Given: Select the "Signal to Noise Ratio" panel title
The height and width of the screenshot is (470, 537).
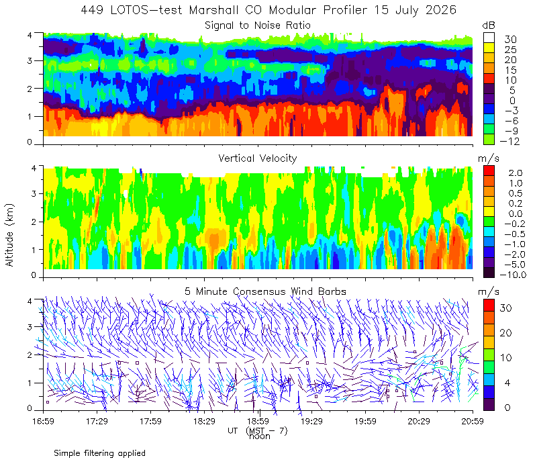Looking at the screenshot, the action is (x=258, y=26).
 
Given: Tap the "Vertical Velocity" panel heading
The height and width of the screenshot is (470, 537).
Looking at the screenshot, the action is (x=258, y=158).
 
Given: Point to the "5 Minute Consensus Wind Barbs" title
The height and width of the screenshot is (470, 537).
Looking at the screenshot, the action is (x=265, y=291).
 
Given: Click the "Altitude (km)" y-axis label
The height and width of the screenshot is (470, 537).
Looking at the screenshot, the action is (x=9, y=235).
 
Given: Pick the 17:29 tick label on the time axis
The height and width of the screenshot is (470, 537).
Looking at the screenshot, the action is (x=97, y=421).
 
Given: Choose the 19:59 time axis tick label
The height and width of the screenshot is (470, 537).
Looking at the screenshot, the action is (x=365, y=421).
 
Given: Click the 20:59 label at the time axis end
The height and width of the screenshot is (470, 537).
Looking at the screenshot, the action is (x=473, y=421).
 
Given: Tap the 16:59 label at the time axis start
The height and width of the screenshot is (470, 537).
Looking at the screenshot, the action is (x=43, y=421).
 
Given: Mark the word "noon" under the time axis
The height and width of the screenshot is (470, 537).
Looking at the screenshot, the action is (x=260, y=436).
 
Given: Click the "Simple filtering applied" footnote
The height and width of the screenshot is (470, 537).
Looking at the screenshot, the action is (x=99, y=453).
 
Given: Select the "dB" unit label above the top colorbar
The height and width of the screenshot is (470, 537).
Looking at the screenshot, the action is (x=489, y=26).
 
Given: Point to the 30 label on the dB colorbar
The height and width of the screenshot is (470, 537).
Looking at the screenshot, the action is (x=510, y=40).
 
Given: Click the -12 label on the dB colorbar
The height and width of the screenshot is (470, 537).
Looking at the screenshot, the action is (x=509, y=141).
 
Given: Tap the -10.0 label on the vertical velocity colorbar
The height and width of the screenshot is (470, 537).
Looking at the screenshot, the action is (x=513, y=275).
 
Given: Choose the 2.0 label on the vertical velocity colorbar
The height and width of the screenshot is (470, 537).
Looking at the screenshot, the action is (x=516, y=173).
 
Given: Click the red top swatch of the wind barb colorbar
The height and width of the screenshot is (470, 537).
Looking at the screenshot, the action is (x=489, y=305).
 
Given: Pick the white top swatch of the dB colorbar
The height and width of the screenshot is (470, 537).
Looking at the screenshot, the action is (x=489, y=38).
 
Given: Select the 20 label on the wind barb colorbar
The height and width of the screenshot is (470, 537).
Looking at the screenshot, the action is (x=506, y=333).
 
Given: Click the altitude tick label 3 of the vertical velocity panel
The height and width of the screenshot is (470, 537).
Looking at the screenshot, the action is (x=34, y=193).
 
